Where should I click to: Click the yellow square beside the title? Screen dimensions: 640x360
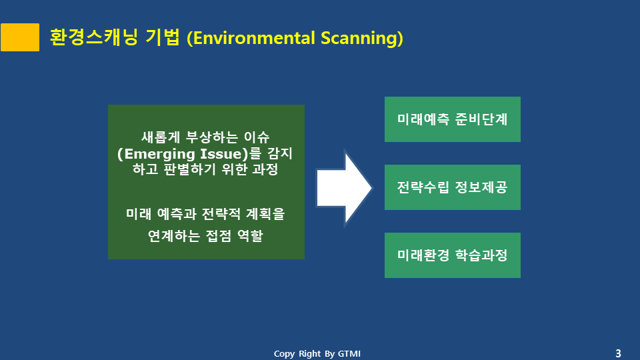[20, 37]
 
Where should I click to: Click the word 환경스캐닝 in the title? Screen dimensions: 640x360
[94, 37]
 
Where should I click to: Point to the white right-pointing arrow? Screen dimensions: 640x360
[344, 188]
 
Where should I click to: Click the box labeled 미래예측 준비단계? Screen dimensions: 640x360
[453, 119]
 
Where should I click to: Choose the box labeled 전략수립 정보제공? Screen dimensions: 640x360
[453, 187]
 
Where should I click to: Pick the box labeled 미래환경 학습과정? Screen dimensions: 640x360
[453, 255]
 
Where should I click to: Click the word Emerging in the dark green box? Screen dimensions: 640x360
[159, 154]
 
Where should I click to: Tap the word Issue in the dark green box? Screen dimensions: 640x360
[221, 154]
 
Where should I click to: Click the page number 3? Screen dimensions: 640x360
[618, 353]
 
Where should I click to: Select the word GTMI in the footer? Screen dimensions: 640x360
[349, 353]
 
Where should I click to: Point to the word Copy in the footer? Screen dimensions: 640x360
[284, 354]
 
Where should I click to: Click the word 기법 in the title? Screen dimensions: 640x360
[163, 37]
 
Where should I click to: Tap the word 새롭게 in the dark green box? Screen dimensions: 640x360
[161, 137]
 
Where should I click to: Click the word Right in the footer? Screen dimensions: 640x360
[309, 354]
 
